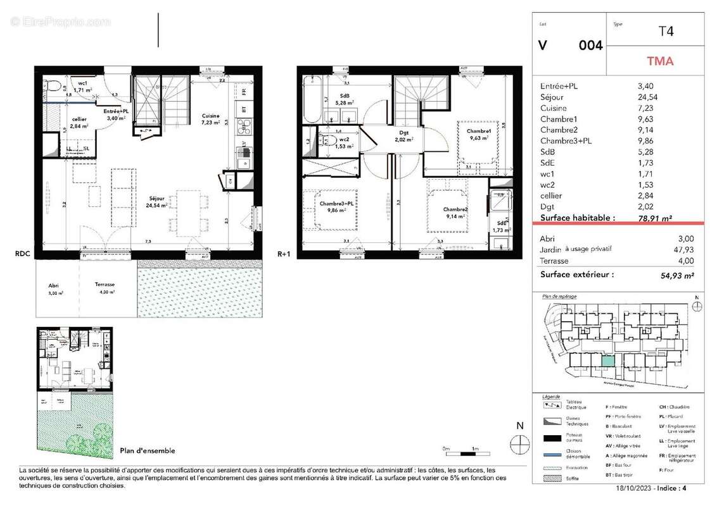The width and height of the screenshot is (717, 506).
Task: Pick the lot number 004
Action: [x=590, y=46]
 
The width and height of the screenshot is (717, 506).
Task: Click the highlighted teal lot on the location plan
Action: [x=607, y=361]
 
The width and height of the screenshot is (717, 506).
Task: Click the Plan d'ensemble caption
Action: [x=147, y=451]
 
